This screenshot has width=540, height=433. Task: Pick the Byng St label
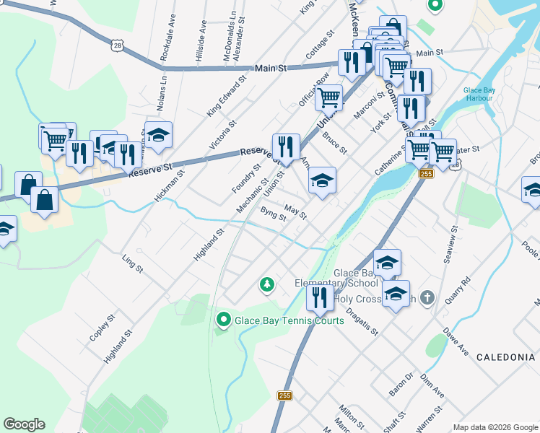(x=273, y=215)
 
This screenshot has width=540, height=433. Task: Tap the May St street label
(x=295, y=212)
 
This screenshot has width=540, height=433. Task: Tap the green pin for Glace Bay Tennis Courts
(x=223, y=318)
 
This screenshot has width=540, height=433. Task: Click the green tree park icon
(x=267, y=285)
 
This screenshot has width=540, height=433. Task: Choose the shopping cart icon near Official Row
(x=329, y=97)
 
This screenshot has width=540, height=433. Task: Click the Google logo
(x=24, y=424)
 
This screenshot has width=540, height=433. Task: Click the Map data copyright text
(x=495, y=427)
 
